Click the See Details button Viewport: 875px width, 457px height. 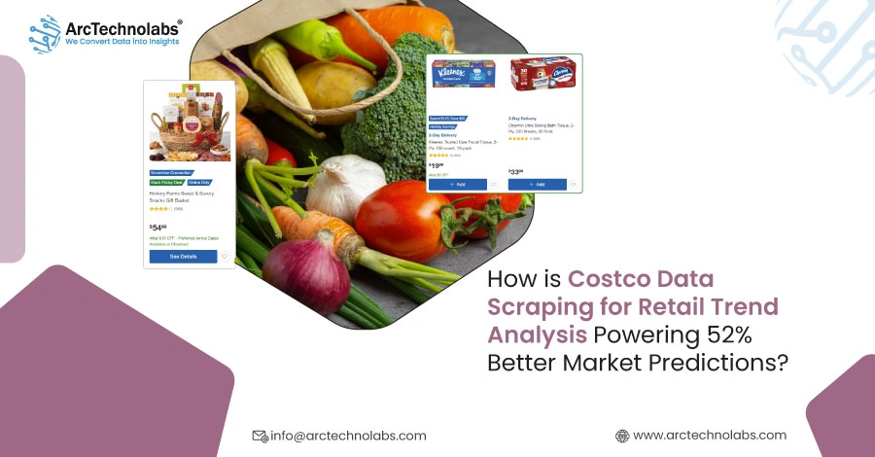coord(183,257)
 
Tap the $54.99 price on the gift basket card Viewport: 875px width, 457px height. coord(157,227)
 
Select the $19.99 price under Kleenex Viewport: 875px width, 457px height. coord(437,165)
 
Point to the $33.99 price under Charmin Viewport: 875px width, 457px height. coord(515,171)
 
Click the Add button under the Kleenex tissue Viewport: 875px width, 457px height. coord(455,184)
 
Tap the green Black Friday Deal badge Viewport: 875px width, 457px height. coord(165,182)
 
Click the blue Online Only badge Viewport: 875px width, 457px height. coord(198,182)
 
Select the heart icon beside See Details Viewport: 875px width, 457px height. coord(225,257)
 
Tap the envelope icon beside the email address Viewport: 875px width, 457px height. coord(260,436)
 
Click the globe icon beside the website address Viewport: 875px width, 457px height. coord(622,436)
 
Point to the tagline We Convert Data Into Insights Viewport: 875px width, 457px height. coord(123,43)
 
